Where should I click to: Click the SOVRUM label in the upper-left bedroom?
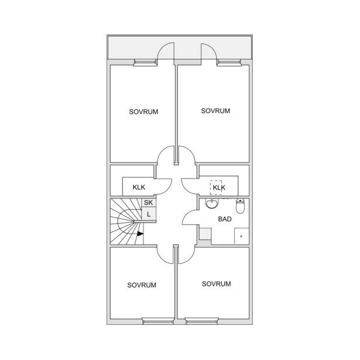(143, 112)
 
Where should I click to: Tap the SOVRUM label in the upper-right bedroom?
(215, 111)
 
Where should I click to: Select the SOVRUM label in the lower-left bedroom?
(142, 285)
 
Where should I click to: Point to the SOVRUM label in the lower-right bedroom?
(216, 284)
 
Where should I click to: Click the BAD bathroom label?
(225, 219)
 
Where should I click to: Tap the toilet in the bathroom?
(240, 205)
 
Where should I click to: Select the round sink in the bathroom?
(211, 204)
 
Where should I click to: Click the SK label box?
(149, 203)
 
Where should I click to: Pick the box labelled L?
(149, 214)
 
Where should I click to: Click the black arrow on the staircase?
(140, 234)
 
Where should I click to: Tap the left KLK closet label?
(139, 187)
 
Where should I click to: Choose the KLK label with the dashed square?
(219, 187)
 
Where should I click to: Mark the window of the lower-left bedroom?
(158, 321)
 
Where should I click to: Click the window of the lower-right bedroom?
(201, 321)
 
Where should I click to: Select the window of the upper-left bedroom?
(145, 63)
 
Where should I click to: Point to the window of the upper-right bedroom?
(229, 63)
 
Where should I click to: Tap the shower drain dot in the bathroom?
(241, 236)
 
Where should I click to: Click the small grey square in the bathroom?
(205, 234)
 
